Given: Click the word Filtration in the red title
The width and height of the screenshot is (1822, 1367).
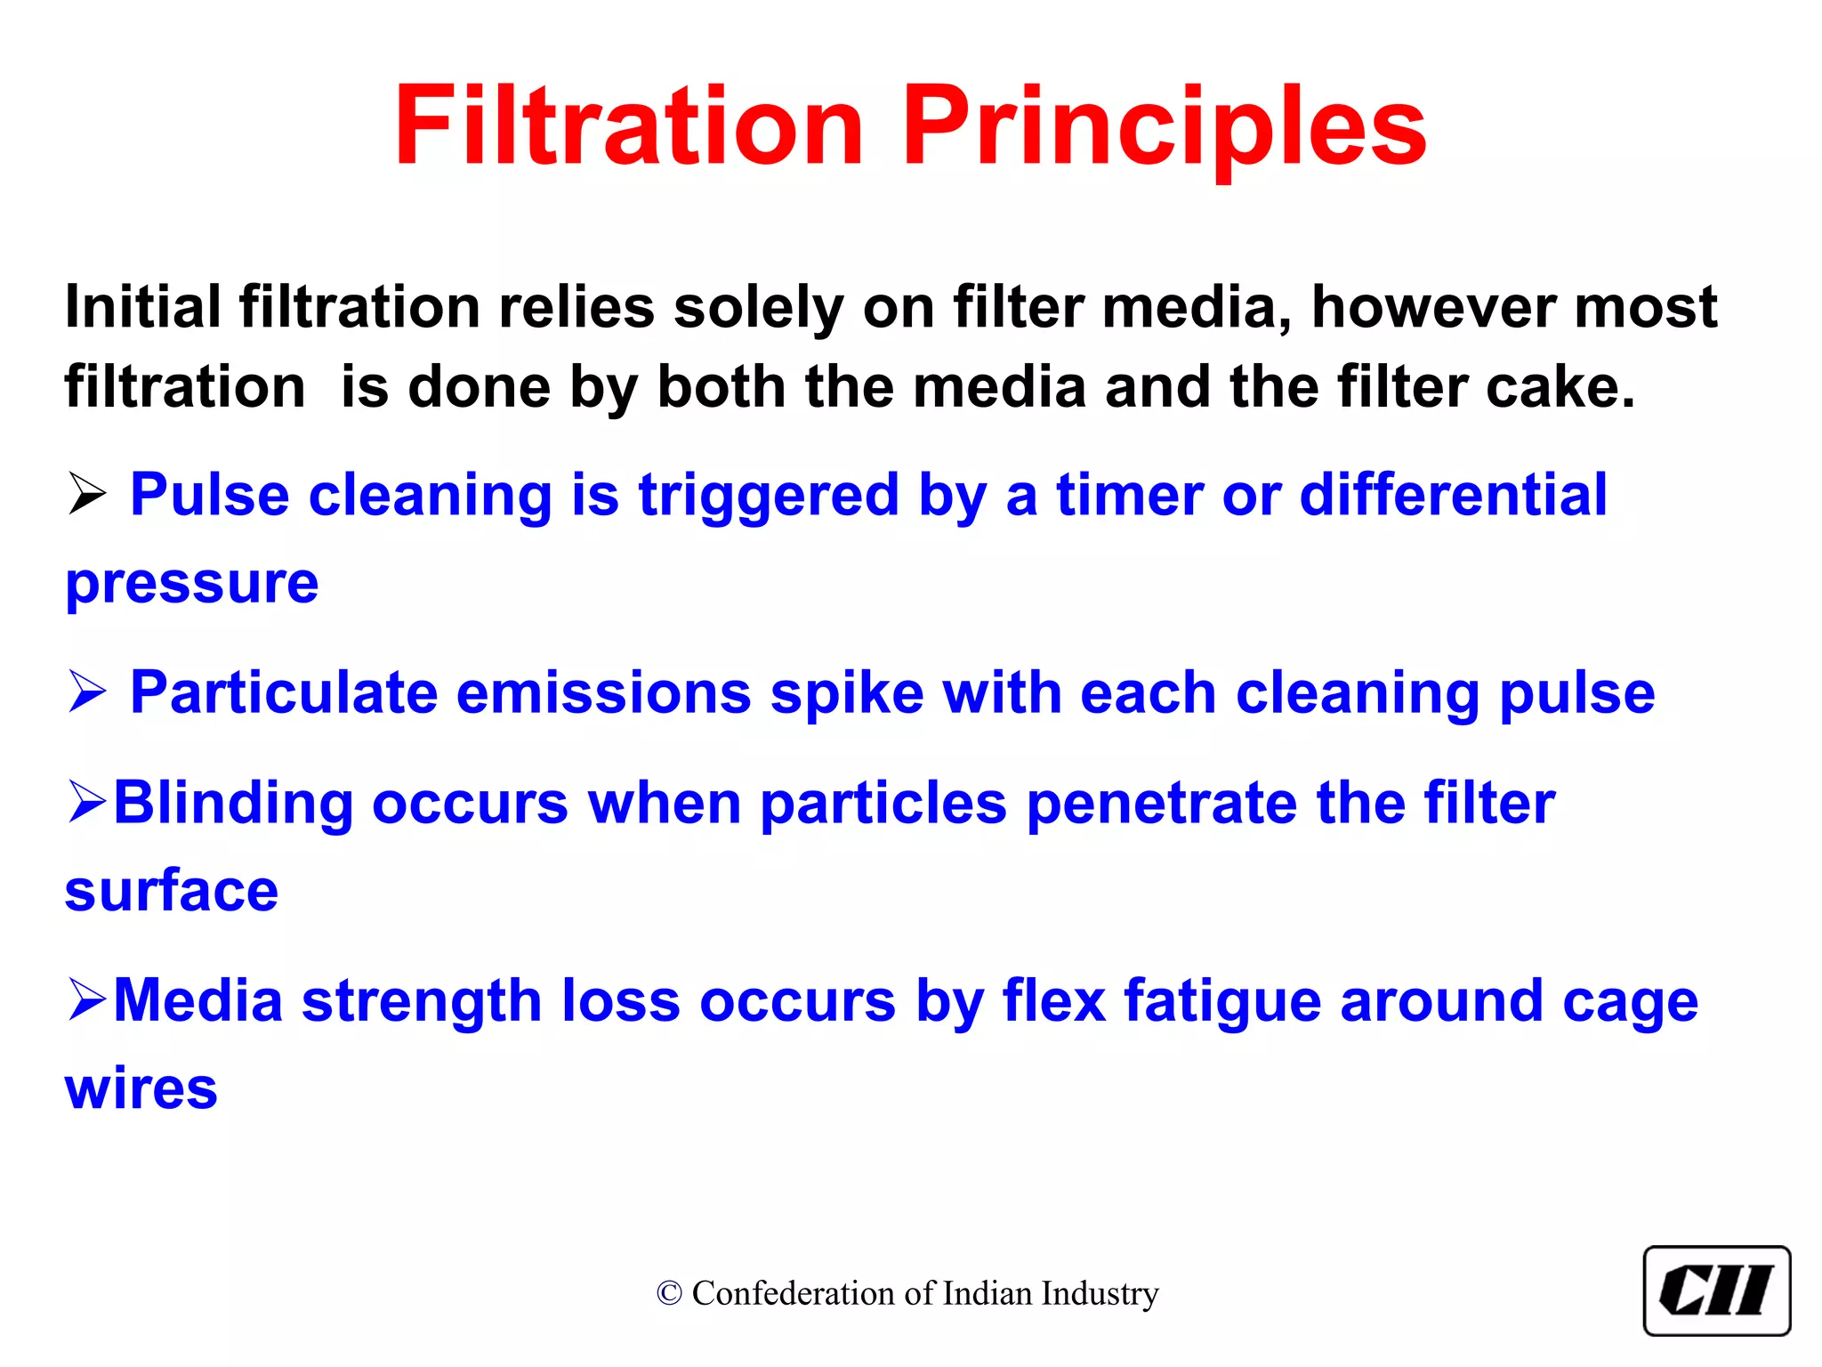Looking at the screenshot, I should coord(628,126).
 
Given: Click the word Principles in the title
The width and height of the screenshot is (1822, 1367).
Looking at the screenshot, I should coord(1165,126).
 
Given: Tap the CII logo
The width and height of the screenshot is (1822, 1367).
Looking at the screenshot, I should coord(1716,1291).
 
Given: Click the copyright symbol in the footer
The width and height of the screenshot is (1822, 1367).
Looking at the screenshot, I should coord(669,1294).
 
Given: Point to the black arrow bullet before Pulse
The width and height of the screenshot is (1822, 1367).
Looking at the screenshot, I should coord(87,495).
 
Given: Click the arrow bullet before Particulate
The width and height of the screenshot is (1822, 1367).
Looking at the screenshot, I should coord(87,692).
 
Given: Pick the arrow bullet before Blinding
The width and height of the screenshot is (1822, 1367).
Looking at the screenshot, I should coord(87,802).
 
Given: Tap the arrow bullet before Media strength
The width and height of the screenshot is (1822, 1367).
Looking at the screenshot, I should coord(87,1000).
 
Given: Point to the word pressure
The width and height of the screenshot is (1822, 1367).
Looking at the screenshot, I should coord(192,585).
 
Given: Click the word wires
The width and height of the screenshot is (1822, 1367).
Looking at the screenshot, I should coord(141,1088).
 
